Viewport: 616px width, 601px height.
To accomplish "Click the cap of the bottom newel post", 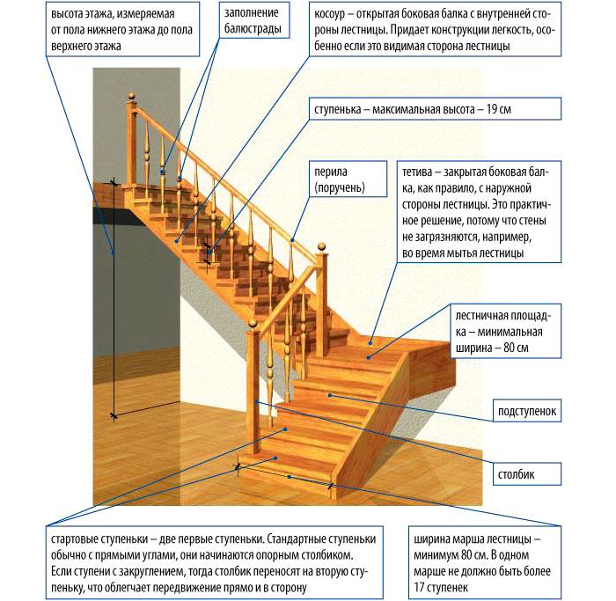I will pyautogui.click(x=255, y=326).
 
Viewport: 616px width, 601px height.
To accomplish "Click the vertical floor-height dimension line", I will pyautogui.click(x=114, y=299).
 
